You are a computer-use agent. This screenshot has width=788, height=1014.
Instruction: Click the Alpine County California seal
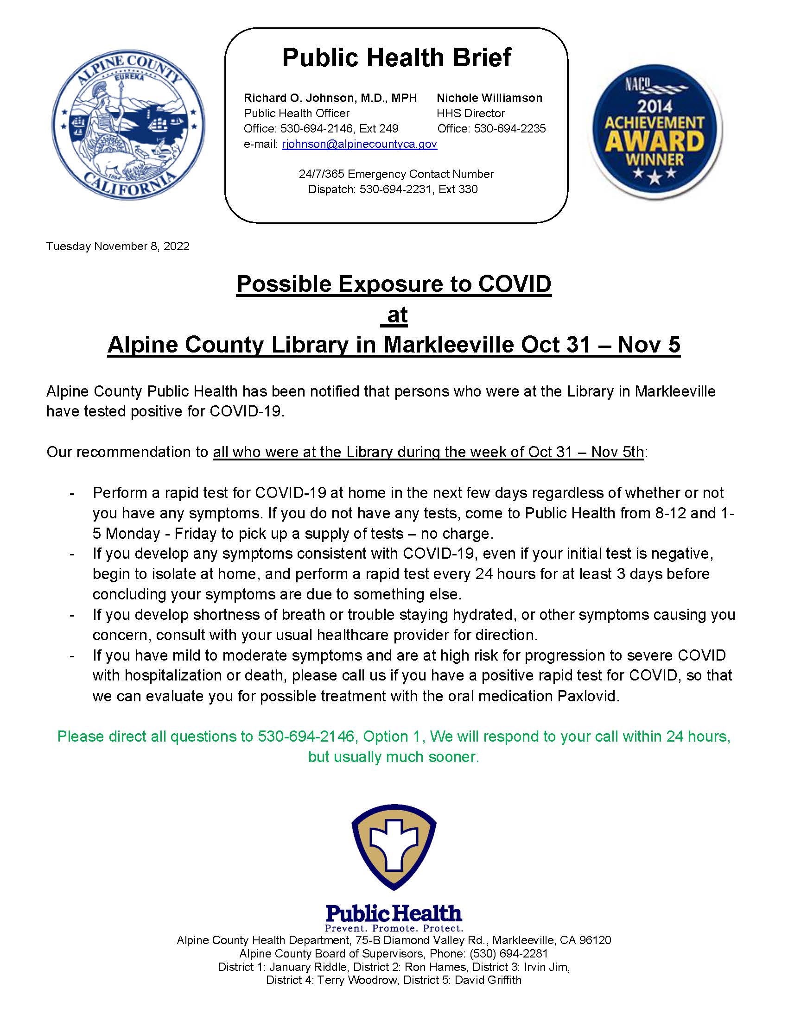tap(128, 126)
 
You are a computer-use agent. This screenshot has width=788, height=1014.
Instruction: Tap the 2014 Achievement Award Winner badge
tap(655, 130)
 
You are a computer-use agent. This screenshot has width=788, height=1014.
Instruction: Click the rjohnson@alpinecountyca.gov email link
tap(359, 144)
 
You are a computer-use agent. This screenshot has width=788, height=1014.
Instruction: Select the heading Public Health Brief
tap(396, 57)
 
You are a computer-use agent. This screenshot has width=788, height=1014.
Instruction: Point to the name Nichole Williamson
tap(489, 98)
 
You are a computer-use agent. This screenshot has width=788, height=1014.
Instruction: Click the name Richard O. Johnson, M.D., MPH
tap(330, 98)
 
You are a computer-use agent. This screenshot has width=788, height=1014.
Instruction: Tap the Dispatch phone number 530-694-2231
tap(395, 189)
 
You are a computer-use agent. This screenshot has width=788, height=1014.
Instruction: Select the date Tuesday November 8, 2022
tap(118, 246)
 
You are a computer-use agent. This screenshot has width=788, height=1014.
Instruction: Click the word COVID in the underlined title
tap(515, 284)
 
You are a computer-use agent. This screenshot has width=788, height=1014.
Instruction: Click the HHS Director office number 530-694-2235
tap(509, 129)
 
